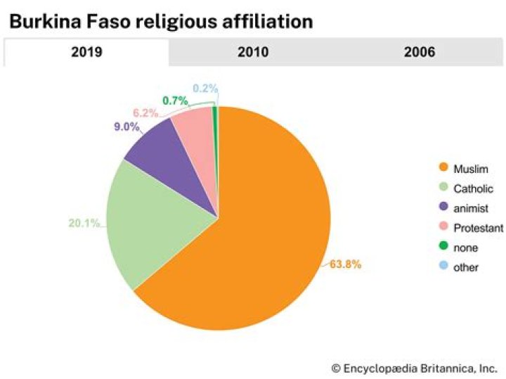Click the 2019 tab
point(86,52)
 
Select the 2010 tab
point(253,52)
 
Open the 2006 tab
point(420,52)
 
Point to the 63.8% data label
point(346,264)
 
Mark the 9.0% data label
point(126,127)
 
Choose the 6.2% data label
point(146,113)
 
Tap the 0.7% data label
point(174,101)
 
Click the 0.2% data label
point(205,89)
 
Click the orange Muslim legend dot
point(443,169)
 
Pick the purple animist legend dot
point(443,208)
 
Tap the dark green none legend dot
point(443,248)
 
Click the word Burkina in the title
point(46,21)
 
